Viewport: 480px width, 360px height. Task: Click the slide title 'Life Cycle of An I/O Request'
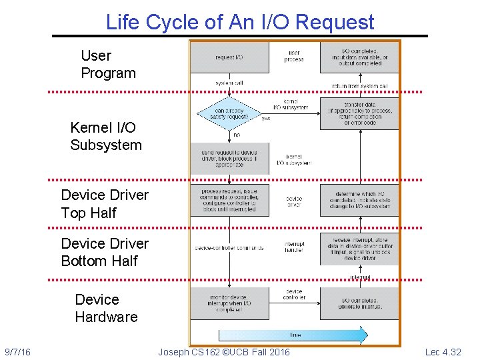click(240, 22)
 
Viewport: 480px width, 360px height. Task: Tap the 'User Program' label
click(107, 65)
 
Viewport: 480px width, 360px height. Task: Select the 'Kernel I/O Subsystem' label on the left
click(106, 136)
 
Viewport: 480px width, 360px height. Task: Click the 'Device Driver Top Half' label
click(105, 204)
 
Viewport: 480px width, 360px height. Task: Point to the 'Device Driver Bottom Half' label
click(105, 252)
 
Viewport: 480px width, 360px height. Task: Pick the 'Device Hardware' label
click(106, 308)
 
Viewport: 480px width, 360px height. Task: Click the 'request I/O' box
click(229, 57)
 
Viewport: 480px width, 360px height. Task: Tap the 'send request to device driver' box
click(229, 158)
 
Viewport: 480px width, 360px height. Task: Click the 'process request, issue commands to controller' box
click(229, 200)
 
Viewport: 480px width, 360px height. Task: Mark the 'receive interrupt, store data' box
click(359, 249)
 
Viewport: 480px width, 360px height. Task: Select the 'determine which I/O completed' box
click(359, 200)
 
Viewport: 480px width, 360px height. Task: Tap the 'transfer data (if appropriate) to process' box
click(359, 113)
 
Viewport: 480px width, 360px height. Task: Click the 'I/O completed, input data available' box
click(359, 57)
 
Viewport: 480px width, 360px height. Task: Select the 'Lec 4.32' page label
click(443, 352)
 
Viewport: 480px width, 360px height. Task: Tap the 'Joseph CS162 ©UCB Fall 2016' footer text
click(224, 352)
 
